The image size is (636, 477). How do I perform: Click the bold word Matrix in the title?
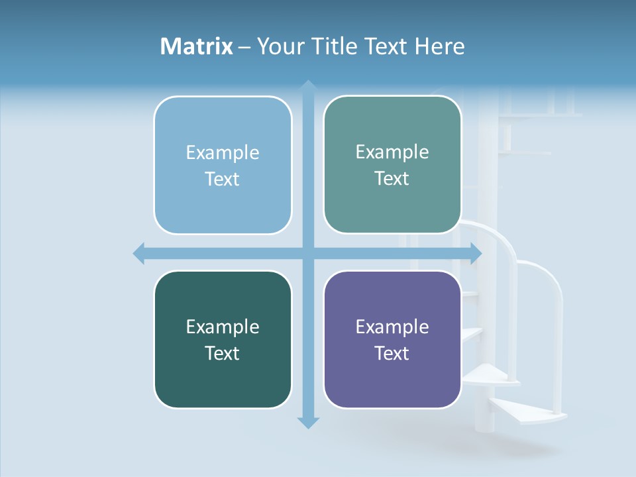[196, 46]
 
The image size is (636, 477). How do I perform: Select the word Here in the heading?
[440, 46]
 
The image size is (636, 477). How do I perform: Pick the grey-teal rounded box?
[392, 205]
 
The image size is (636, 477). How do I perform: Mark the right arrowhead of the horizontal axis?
[476, 253]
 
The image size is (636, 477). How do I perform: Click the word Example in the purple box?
[392, 327]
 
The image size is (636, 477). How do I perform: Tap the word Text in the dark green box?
[223, 353]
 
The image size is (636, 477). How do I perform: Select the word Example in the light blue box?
[223, 152]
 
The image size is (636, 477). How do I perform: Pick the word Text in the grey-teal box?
[392, 178]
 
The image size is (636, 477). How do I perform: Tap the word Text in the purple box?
[392, 353]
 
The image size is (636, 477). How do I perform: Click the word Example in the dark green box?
[223, 327]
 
